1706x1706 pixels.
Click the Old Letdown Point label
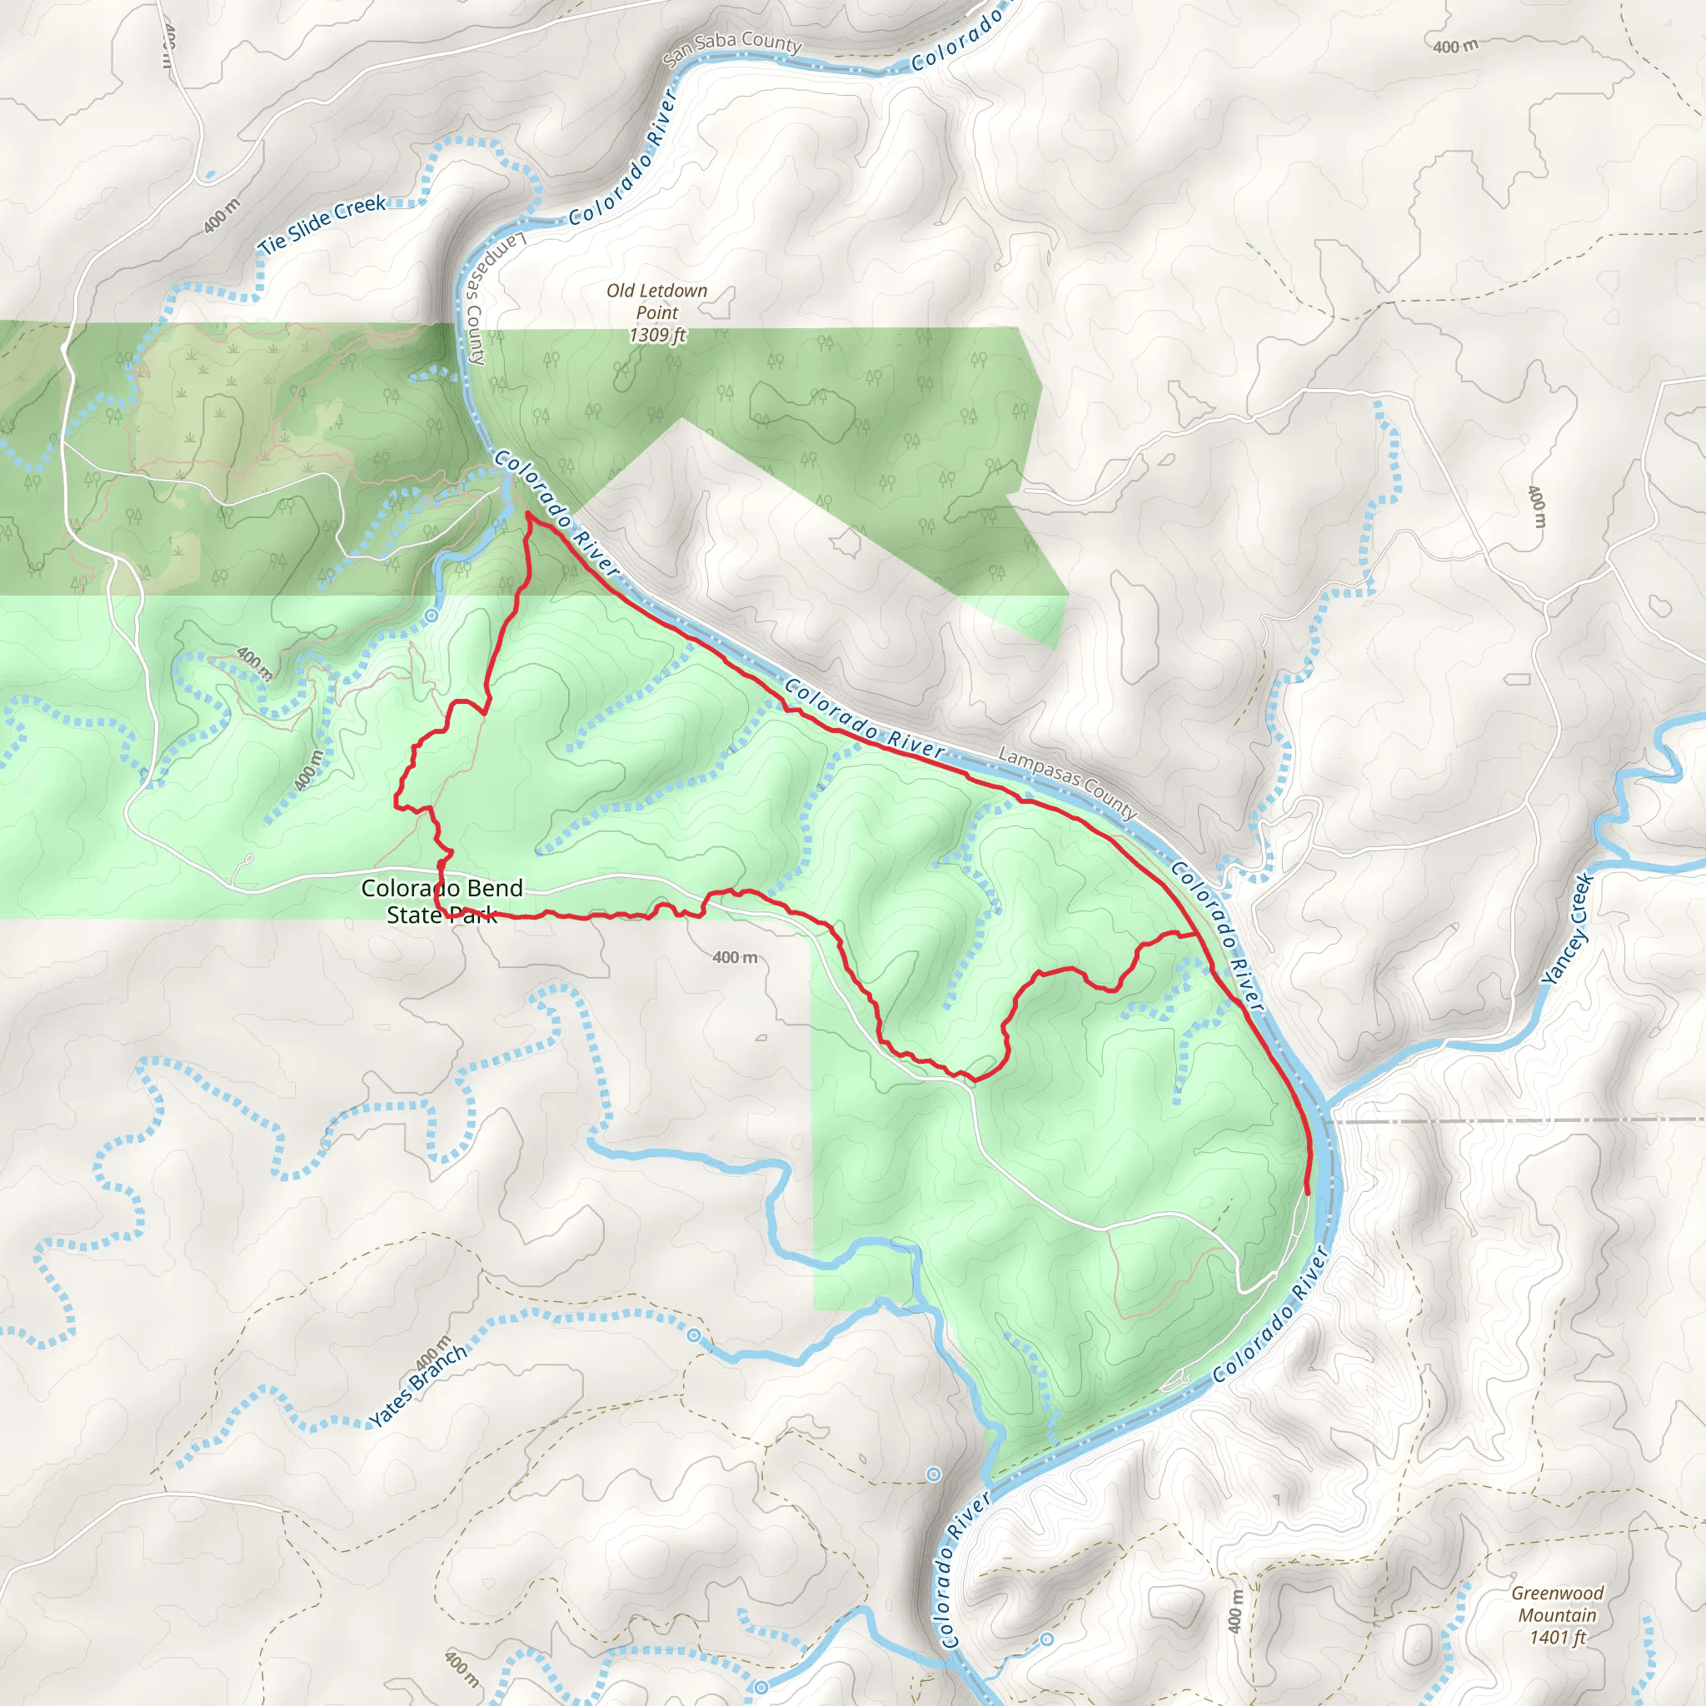point(657,301)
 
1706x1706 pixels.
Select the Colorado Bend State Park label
point(441,900)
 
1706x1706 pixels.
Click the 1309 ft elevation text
point(657,335)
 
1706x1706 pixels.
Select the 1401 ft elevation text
point(1558,1637)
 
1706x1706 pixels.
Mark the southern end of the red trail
point(1307,1194)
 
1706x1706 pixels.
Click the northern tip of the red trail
point(527,513)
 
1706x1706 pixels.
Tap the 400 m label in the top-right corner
point(1455,47)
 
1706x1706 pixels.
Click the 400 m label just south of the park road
point(735,957)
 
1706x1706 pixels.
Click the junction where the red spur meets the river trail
point(1196,935)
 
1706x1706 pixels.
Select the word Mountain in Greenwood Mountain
point(1558,1615)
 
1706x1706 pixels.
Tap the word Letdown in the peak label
point(671,291)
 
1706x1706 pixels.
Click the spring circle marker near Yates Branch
point(694,1336)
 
